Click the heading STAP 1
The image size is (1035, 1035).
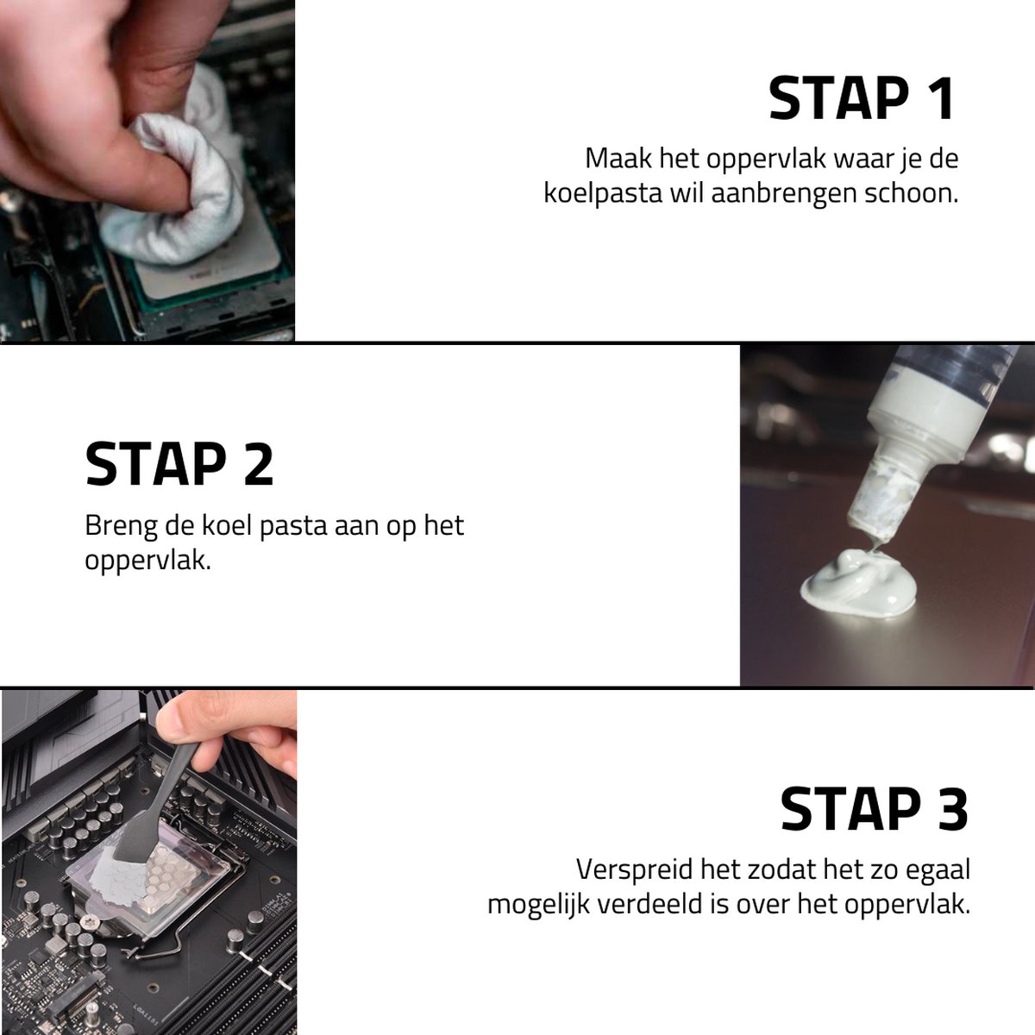862,98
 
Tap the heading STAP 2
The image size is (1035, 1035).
179,463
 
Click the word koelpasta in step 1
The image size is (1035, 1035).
603,194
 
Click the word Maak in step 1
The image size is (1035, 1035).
618,159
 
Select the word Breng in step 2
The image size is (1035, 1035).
121,526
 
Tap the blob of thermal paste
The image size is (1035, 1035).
857,584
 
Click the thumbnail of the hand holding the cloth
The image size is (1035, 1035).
147,170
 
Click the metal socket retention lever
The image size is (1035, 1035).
161,945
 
